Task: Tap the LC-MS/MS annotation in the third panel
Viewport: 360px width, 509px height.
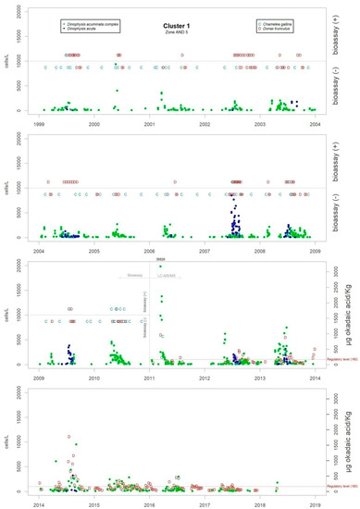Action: click(x=169, y=277)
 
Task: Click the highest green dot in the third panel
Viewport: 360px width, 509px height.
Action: click(x=160, y=267)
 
